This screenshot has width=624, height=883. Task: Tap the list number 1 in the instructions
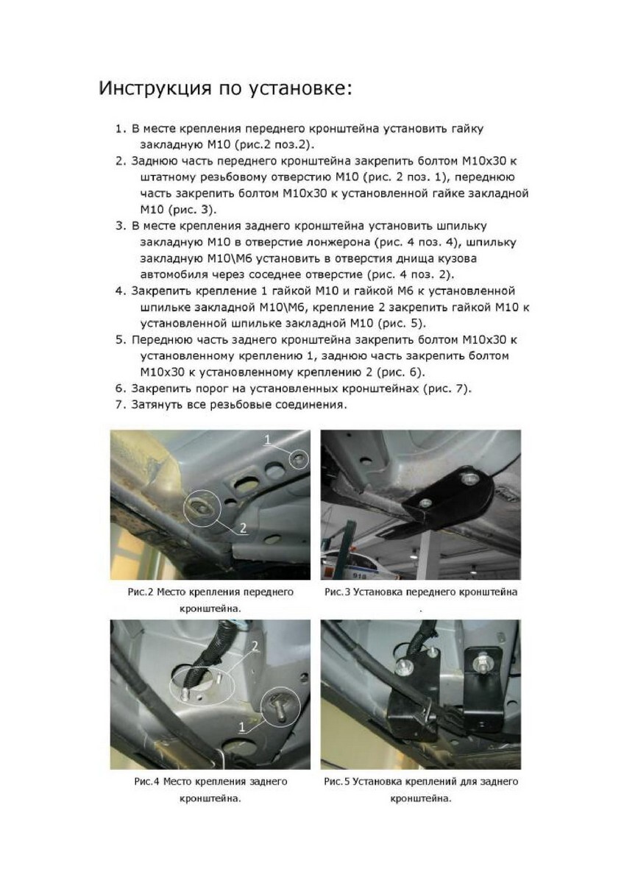pos(120,129)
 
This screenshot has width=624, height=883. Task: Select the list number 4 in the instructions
pos(120,291)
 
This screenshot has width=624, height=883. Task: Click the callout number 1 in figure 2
pos(268,439)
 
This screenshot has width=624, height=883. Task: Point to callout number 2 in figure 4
pos(255,645)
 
